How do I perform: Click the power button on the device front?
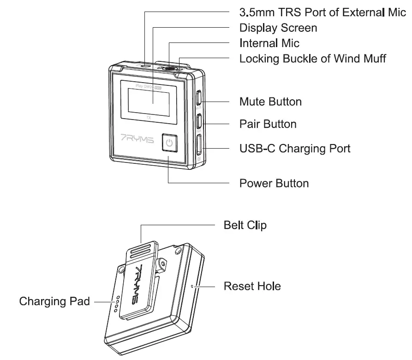169,143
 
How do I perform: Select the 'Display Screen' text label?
278,28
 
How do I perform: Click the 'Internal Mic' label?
269,43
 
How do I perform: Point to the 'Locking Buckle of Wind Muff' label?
312,59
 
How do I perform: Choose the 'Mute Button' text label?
270,102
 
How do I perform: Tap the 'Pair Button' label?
268,124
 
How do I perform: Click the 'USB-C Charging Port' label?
295,149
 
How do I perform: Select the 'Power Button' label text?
274,183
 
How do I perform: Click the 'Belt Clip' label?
245,225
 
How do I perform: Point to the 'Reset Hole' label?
252,286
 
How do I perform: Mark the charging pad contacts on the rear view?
117,303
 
